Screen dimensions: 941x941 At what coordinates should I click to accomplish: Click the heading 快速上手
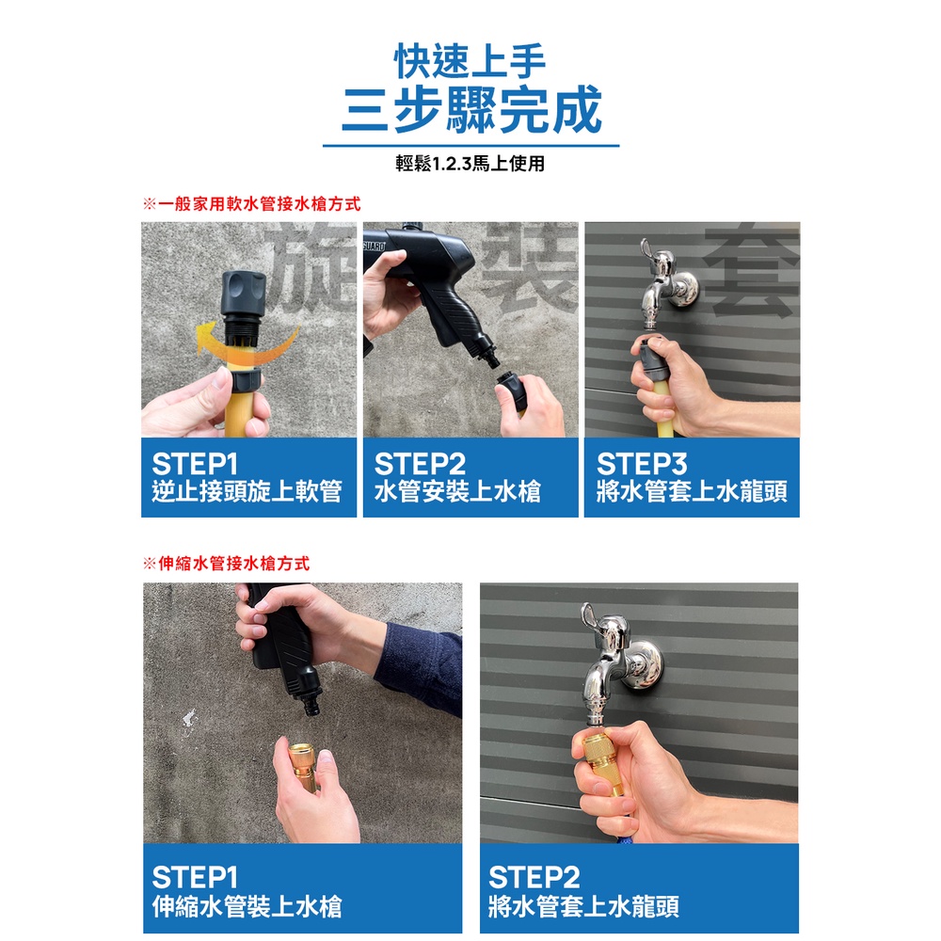470,61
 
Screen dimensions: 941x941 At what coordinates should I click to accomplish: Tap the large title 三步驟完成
471,109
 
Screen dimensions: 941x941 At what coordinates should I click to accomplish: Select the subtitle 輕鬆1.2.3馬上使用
470,163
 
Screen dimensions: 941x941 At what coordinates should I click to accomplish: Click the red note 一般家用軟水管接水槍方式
259,204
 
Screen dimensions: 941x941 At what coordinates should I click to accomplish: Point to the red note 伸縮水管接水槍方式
233,564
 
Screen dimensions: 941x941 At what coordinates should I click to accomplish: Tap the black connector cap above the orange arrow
243,294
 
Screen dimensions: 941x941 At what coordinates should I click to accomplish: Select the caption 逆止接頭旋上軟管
247,491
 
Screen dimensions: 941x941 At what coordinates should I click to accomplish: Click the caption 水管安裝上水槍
457,491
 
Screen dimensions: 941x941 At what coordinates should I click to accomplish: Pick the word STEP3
642,464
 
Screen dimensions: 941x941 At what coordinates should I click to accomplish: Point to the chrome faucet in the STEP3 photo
666,282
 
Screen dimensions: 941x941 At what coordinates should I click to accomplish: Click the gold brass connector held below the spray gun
304,766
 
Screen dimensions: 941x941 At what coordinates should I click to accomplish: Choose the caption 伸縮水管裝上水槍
247,906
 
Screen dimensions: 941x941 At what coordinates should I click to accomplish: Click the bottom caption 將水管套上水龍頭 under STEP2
583,906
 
